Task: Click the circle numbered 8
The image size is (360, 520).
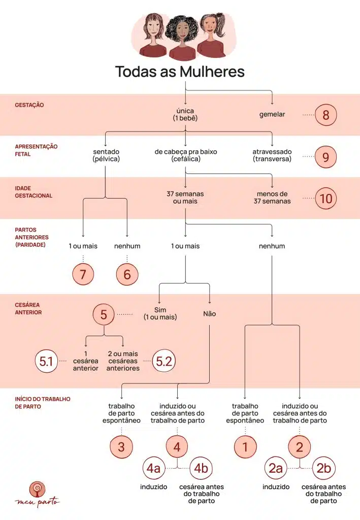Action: click(325, 115)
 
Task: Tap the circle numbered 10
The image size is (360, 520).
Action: click(325, 199)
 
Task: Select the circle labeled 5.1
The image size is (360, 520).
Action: click(46, 361)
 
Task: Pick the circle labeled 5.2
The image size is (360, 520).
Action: click(164, 361)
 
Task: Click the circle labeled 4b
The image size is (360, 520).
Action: click(201, 468)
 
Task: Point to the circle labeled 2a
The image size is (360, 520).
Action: click(276, 468)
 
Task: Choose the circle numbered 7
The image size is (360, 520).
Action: click(83, 274)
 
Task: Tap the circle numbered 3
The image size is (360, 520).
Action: click(121, 447)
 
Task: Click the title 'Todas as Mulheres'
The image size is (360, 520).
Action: click(180, 72)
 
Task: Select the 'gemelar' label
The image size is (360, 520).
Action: click(272, 114)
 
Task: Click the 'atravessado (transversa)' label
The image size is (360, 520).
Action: click(272, 155)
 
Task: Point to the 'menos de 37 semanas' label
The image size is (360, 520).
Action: click(272, 198)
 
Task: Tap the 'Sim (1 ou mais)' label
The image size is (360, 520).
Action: click(160, 313)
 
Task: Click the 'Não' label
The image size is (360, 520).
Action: click(210, 314)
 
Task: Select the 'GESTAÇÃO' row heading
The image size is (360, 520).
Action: click(29, 105)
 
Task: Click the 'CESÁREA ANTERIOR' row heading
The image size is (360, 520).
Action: click(28, 308)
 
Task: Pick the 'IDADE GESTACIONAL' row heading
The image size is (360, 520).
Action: click(34, 192)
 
